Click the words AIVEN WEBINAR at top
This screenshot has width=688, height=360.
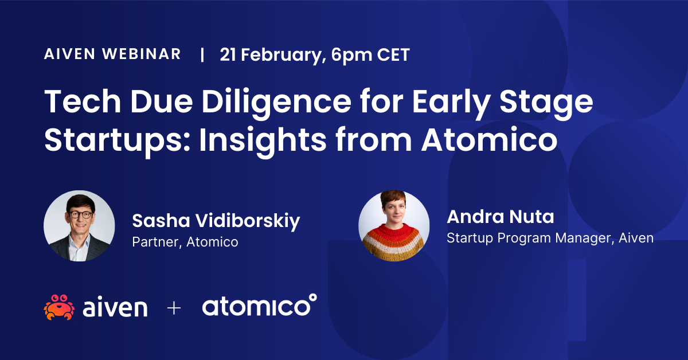point(112,54)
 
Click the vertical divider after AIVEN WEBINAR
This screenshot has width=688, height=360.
point(201,55)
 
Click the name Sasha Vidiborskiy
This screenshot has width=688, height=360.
point(216,221)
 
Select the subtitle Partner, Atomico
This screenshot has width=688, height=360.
point(185,242)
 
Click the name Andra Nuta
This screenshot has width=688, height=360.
point(500,217)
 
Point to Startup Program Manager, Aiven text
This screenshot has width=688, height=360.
point(550,237)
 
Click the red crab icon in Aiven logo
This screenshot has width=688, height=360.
point(58,307)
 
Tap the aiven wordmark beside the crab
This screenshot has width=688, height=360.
point(115,307)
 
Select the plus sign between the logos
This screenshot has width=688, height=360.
point(174,308)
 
